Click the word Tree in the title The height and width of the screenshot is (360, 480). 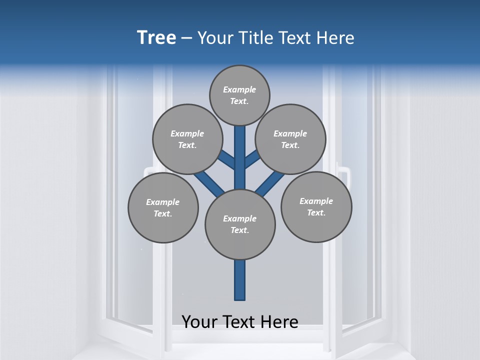tap(156, 37)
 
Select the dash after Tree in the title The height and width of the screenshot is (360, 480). tap(186, 38)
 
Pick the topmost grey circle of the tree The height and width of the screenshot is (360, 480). tap(239, 95)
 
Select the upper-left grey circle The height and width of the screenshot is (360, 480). tap(187, 139)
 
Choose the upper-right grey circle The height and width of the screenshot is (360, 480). tap(290, 139)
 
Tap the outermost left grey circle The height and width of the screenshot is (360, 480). tap(163, 207)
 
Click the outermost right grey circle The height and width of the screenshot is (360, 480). tap(316, 206)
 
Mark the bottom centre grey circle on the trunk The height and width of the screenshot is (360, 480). tap(240, 224)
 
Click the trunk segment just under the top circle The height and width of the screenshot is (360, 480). tap(240, 137)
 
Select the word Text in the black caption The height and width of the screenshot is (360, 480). tap(238, 322)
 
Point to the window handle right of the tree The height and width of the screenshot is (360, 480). tap(344, 175)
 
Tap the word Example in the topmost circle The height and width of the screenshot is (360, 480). tap(239, 89)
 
